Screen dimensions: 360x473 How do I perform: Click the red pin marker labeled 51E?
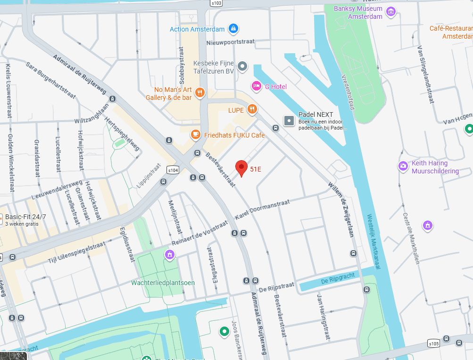pyautogui.click(x=241, y=167)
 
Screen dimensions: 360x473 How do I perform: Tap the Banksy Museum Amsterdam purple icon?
pyautogui.click(x=390, y=12)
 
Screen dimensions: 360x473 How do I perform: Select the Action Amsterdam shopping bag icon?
pyautogui.click(x=232, y=29)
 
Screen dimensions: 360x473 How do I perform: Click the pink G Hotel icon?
pyautogui.click(x=256, y=86)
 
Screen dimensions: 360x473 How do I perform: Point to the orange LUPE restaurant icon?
pyautogui.click(x=252, y=110)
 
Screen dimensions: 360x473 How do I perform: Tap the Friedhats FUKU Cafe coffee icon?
pyautogui.click(x=195, y=135)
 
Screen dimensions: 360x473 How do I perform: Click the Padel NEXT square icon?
pyautogui.click(x=289, y=121)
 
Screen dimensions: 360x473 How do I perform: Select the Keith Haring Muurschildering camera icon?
pyautogui.click(x=403, y=166)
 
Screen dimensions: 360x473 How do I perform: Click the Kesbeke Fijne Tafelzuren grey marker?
pyautogui.click(x=242, y=66)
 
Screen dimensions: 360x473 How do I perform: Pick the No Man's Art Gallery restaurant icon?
pyautogui.click(x=200, y=92)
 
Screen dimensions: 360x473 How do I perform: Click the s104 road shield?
pyautogui.click(x=173, y=169)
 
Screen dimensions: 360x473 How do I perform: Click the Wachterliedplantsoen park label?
pyautogui.click(x=163, y=283)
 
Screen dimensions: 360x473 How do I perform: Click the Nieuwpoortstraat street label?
pyautogui.click(x=231, y=42)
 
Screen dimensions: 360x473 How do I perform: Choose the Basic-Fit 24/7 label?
pyautogui.click(x=25, y=217)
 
